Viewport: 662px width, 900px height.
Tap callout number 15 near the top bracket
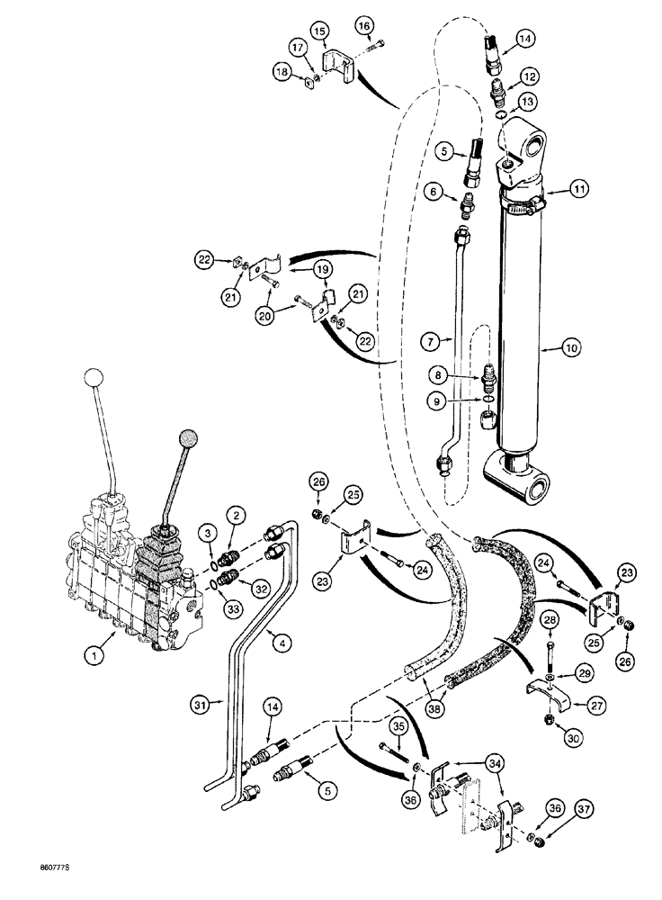(320, 31)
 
